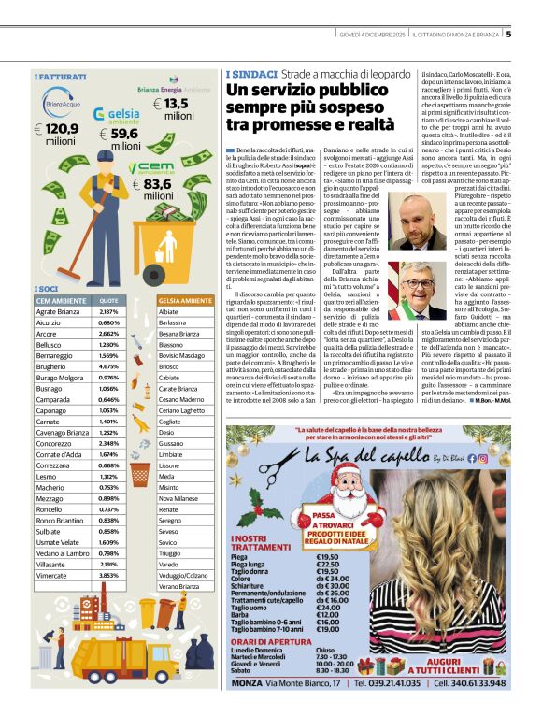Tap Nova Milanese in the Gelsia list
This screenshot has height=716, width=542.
(x=179, y=499)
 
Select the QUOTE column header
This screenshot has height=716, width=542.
(x=109, y=300)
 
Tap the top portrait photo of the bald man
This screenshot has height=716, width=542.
(x=413, y=222)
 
